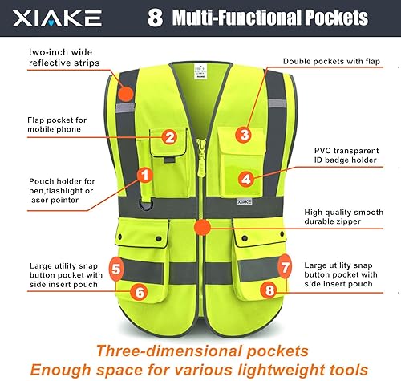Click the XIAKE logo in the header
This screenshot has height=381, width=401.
(57, 18)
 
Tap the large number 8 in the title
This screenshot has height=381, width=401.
(155, 18)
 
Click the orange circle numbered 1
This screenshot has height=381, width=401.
(145, 176)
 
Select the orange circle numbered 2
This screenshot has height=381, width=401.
(170, 137)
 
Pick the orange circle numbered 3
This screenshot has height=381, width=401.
(244, 134)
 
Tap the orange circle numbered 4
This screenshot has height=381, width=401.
(246, 179)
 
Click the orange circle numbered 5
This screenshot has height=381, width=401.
(116, 269)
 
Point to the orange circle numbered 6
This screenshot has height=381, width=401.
(140, 292)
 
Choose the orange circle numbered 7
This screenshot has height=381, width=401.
(285, 267)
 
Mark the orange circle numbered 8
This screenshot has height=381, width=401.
(269, 290)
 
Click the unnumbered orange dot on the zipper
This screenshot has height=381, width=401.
(203, 227)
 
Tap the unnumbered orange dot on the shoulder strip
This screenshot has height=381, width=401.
(126, 94)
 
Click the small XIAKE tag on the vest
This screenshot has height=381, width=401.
(244, 201)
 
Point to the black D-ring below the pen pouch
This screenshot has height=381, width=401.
(146, 205)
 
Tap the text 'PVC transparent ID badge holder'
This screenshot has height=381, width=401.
(346, 156)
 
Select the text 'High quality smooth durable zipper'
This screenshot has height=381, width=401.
(343, 217)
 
